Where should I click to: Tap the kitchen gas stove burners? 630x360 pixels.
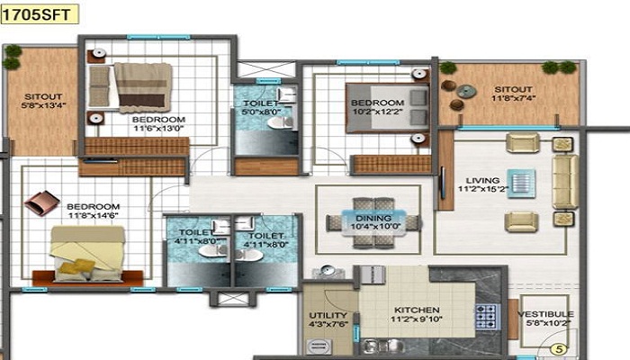click(487, 316)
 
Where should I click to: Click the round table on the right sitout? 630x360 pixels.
click(465, 89)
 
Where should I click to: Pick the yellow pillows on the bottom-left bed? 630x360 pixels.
click(82, 265)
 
